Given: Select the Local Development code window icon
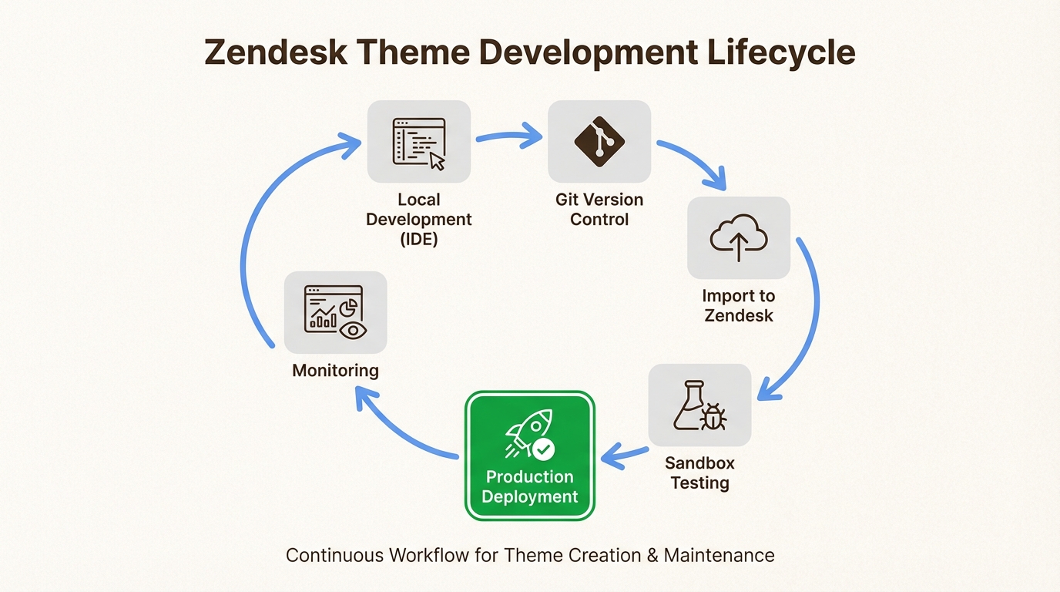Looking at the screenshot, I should tap(418, 142).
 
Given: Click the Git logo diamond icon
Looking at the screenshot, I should tap(599, 141).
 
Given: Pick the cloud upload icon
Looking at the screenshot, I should tap(738, 237).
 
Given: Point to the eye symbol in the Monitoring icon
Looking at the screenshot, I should tap(353, 330).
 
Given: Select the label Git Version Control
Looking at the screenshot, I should tap(599, 210).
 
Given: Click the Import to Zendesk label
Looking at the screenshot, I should tap(738, 305).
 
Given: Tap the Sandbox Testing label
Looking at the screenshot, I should tap(699, 473).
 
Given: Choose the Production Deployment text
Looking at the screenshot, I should tap(529, 486).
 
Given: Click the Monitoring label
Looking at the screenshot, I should tap(335, 371).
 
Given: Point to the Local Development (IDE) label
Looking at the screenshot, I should tap(418, 220).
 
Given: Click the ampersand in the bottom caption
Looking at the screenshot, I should tap(651, 555).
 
